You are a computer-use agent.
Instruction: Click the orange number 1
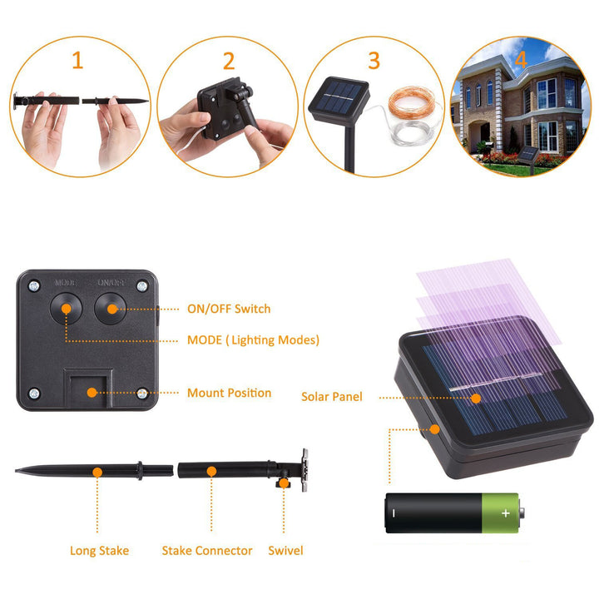tap(78, 61)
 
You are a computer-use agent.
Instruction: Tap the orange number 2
tap(229, 61)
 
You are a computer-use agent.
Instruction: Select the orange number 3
tap(374, 61)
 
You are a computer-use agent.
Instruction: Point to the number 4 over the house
tap(521, 60)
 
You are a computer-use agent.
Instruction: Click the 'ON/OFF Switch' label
tap(229, 309)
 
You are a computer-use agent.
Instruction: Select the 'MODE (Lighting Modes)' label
tap(253, 340)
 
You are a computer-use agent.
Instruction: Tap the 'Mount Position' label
tap(230, 393)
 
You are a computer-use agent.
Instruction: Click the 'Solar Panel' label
tap(332, 397)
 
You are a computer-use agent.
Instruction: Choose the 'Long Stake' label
tap(99, 551)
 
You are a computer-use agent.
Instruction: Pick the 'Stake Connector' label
tap(207, 551)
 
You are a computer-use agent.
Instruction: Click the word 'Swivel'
tap(285, 551)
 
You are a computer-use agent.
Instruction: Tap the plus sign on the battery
tap(506, 513)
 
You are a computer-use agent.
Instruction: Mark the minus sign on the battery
tap(394, 513)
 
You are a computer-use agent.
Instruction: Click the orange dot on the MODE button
tap(67, 309)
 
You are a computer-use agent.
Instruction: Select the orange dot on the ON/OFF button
tap(112, 309)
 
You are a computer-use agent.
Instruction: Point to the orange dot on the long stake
tap(97, 473)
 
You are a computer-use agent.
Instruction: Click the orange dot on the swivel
tap(284, 483)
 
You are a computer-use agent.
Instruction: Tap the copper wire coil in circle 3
tap(412, 101)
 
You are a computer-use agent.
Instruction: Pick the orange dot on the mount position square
tap(92, 393)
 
